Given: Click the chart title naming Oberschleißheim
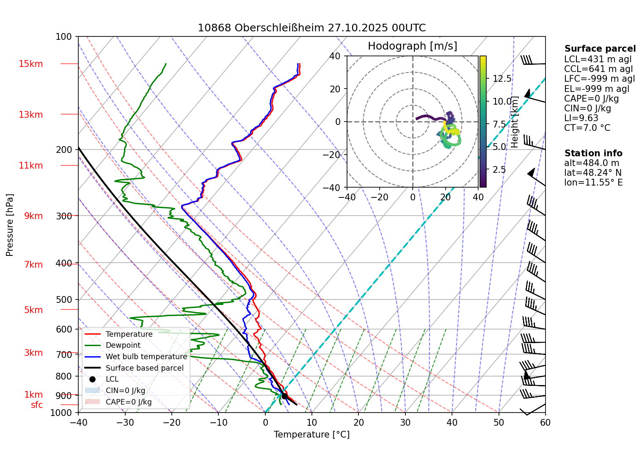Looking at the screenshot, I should coord(311,28).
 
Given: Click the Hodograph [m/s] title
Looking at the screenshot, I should coord(412,46).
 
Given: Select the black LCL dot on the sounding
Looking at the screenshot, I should coord(284,396).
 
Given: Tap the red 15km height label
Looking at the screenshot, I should coord(30,64).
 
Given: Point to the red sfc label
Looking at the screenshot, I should coord(37,405).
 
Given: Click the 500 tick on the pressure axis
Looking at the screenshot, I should coord(64,299).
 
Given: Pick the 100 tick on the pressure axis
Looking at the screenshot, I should coord(64,37).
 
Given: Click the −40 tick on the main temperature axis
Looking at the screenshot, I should coord(78,422).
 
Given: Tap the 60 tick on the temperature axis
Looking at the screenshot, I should coord(545,422).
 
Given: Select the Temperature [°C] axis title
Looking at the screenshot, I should coord(311,435).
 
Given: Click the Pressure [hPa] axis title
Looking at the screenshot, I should coord(10,225).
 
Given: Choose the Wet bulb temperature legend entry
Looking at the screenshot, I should coord(146,357).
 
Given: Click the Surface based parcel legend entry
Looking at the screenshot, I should coord(144,368).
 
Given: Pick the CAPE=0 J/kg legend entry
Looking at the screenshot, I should coord(128,402).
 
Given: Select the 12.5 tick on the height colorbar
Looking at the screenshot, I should coord(502,79).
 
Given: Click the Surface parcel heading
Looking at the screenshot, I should coord(600,49).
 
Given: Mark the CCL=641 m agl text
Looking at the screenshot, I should coord(598,69).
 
